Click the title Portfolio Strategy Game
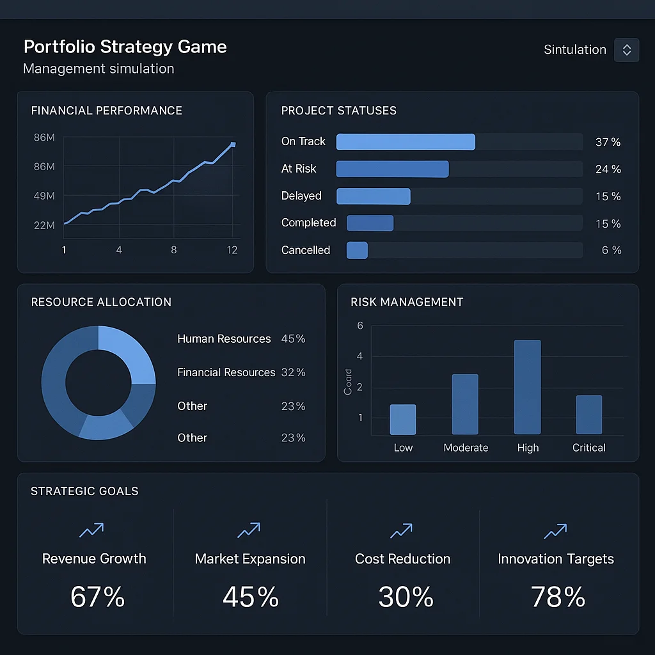tap(125, 47)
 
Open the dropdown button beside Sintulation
tap(626, 50)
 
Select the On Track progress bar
tap(406, 141)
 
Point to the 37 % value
tap(608, 142)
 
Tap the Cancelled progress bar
tap(357, 250)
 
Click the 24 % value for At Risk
tap(608, 170)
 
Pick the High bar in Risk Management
tap(527, 387)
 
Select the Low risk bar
tap(403, 420)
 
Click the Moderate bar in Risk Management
tap(465, 404)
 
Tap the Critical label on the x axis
tap(588, 448)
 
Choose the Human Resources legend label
tap(224, 339)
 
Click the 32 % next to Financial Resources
tap(293, 372)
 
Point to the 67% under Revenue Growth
tap(97, 597)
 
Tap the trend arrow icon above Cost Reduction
tap(402, 530)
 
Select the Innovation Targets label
tap(555, 559)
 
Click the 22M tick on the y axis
tap(44, 225)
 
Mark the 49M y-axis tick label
tap(44, 196)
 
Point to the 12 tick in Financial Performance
tap(232, 250)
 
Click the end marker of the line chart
tap(233, 145)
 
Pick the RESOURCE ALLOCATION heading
tap(101, 302)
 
